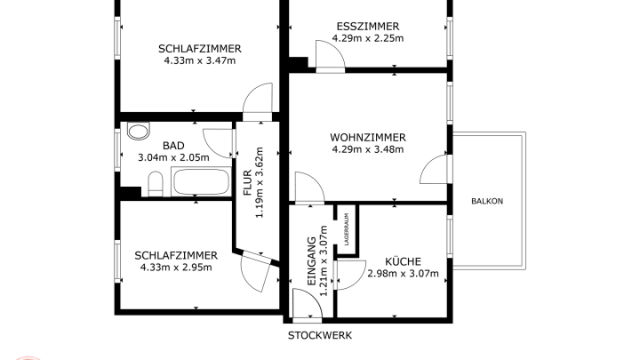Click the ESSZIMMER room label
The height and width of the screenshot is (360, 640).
pos(367,27)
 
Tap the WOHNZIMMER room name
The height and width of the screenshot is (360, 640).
pos(367,137)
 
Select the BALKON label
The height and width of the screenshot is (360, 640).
pos(487,201)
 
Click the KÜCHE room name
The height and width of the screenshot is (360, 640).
pos(403,261)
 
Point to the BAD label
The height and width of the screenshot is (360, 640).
pos(173,146)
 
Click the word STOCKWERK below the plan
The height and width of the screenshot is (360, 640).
pos(319,336)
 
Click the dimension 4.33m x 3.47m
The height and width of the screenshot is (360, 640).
pos(200,60)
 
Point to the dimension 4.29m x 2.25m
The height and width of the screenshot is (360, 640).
pos(367,38)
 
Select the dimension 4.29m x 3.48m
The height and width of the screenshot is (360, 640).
pos(367,148)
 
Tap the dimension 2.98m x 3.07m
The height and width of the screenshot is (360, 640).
pos(403,273)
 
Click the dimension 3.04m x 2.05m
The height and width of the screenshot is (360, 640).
pos(173,157)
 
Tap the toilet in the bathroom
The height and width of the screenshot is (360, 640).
pos(155,185)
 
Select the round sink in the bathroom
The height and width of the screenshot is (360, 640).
pos(137,132)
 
